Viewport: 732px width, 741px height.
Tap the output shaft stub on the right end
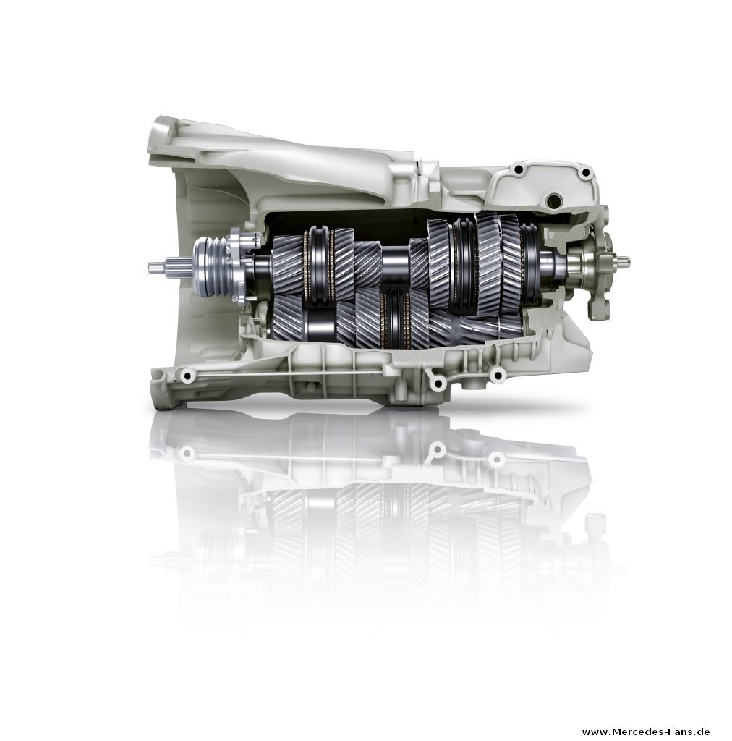pyautogui.click(x=622, y=260)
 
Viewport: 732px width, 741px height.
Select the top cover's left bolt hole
pyautogui.click(x=519, y=169)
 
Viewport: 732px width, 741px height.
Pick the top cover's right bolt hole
pyautogui.click(x=586, y=172)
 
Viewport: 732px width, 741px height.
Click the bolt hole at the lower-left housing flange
pyautogui.click(x=188, y=376)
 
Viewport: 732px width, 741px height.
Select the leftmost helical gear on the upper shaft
pyautogui.click(x=288, y=265)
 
